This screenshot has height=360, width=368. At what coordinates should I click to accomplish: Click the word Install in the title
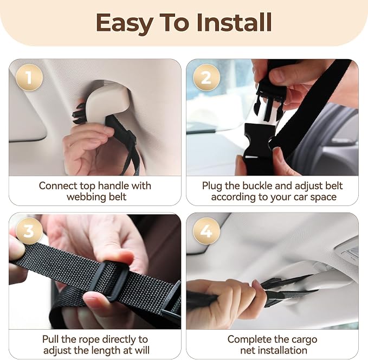[234, 22]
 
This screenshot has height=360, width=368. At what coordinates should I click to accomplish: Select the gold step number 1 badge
[29, 78]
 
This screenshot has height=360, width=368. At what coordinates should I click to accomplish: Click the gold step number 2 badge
[206, 78]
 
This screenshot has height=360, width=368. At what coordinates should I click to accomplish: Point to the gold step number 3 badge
[29, 231]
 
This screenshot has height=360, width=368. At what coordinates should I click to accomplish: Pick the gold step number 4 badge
[206, 231]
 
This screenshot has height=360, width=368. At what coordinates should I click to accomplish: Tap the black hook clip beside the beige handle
[79, 114]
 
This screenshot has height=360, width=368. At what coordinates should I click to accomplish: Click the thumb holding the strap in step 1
[94, 130]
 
